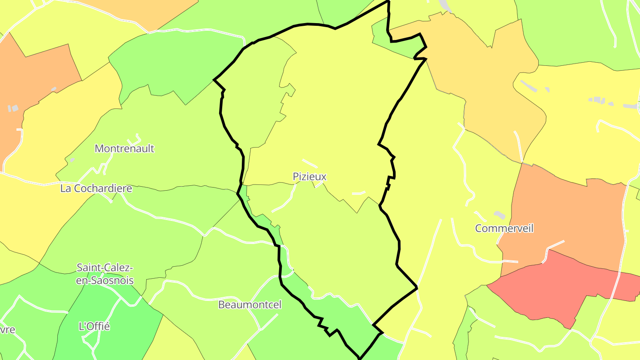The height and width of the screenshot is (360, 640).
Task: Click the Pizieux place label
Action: click(310, 176)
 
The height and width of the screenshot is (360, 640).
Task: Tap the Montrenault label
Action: click(124, 148)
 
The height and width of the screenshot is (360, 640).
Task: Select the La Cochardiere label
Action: click(96, 188)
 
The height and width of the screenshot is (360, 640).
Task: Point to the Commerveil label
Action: click(504, 228)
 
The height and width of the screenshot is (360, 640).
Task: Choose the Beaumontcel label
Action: click(250, 304)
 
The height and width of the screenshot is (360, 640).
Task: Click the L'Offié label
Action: click(94, 326)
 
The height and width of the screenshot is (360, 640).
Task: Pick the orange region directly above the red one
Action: click(564, 213)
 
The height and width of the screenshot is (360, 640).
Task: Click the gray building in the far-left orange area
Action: click(13, 108)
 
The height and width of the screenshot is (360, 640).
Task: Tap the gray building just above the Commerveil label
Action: click(500, 215)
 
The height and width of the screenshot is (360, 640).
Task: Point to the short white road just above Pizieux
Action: click(310, 164)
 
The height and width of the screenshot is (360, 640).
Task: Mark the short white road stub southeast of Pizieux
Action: click(359, 193)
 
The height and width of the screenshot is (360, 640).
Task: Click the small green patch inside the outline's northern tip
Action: click(380, 36)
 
